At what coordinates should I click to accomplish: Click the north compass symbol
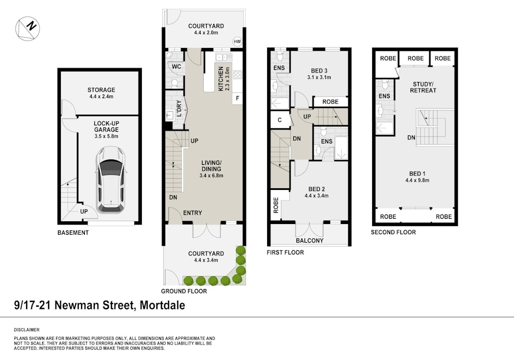[28, 28]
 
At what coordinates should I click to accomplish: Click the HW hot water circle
[237, 42]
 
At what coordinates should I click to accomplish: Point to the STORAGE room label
[101, 90]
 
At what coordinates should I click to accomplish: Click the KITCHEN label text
[221, 79]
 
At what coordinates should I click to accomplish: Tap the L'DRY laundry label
[179, 108]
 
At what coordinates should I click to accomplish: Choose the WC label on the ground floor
[176, 67]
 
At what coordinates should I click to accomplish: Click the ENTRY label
[192, 213]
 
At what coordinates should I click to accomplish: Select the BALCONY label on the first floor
[309, 241]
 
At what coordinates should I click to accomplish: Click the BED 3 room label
[319, 71]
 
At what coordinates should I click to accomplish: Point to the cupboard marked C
[279, 120]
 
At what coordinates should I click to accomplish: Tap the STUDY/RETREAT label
[423, 87]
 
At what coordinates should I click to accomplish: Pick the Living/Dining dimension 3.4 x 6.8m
[211, 176]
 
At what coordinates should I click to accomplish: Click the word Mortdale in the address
[162, 305]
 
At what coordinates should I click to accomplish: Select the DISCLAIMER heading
[27, 330]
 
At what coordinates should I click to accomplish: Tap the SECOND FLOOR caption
[393, 233]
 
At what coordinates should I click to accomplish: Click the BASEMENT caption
[73, 233]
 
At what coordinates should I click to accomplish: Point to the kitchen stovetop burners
[238, 75]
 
